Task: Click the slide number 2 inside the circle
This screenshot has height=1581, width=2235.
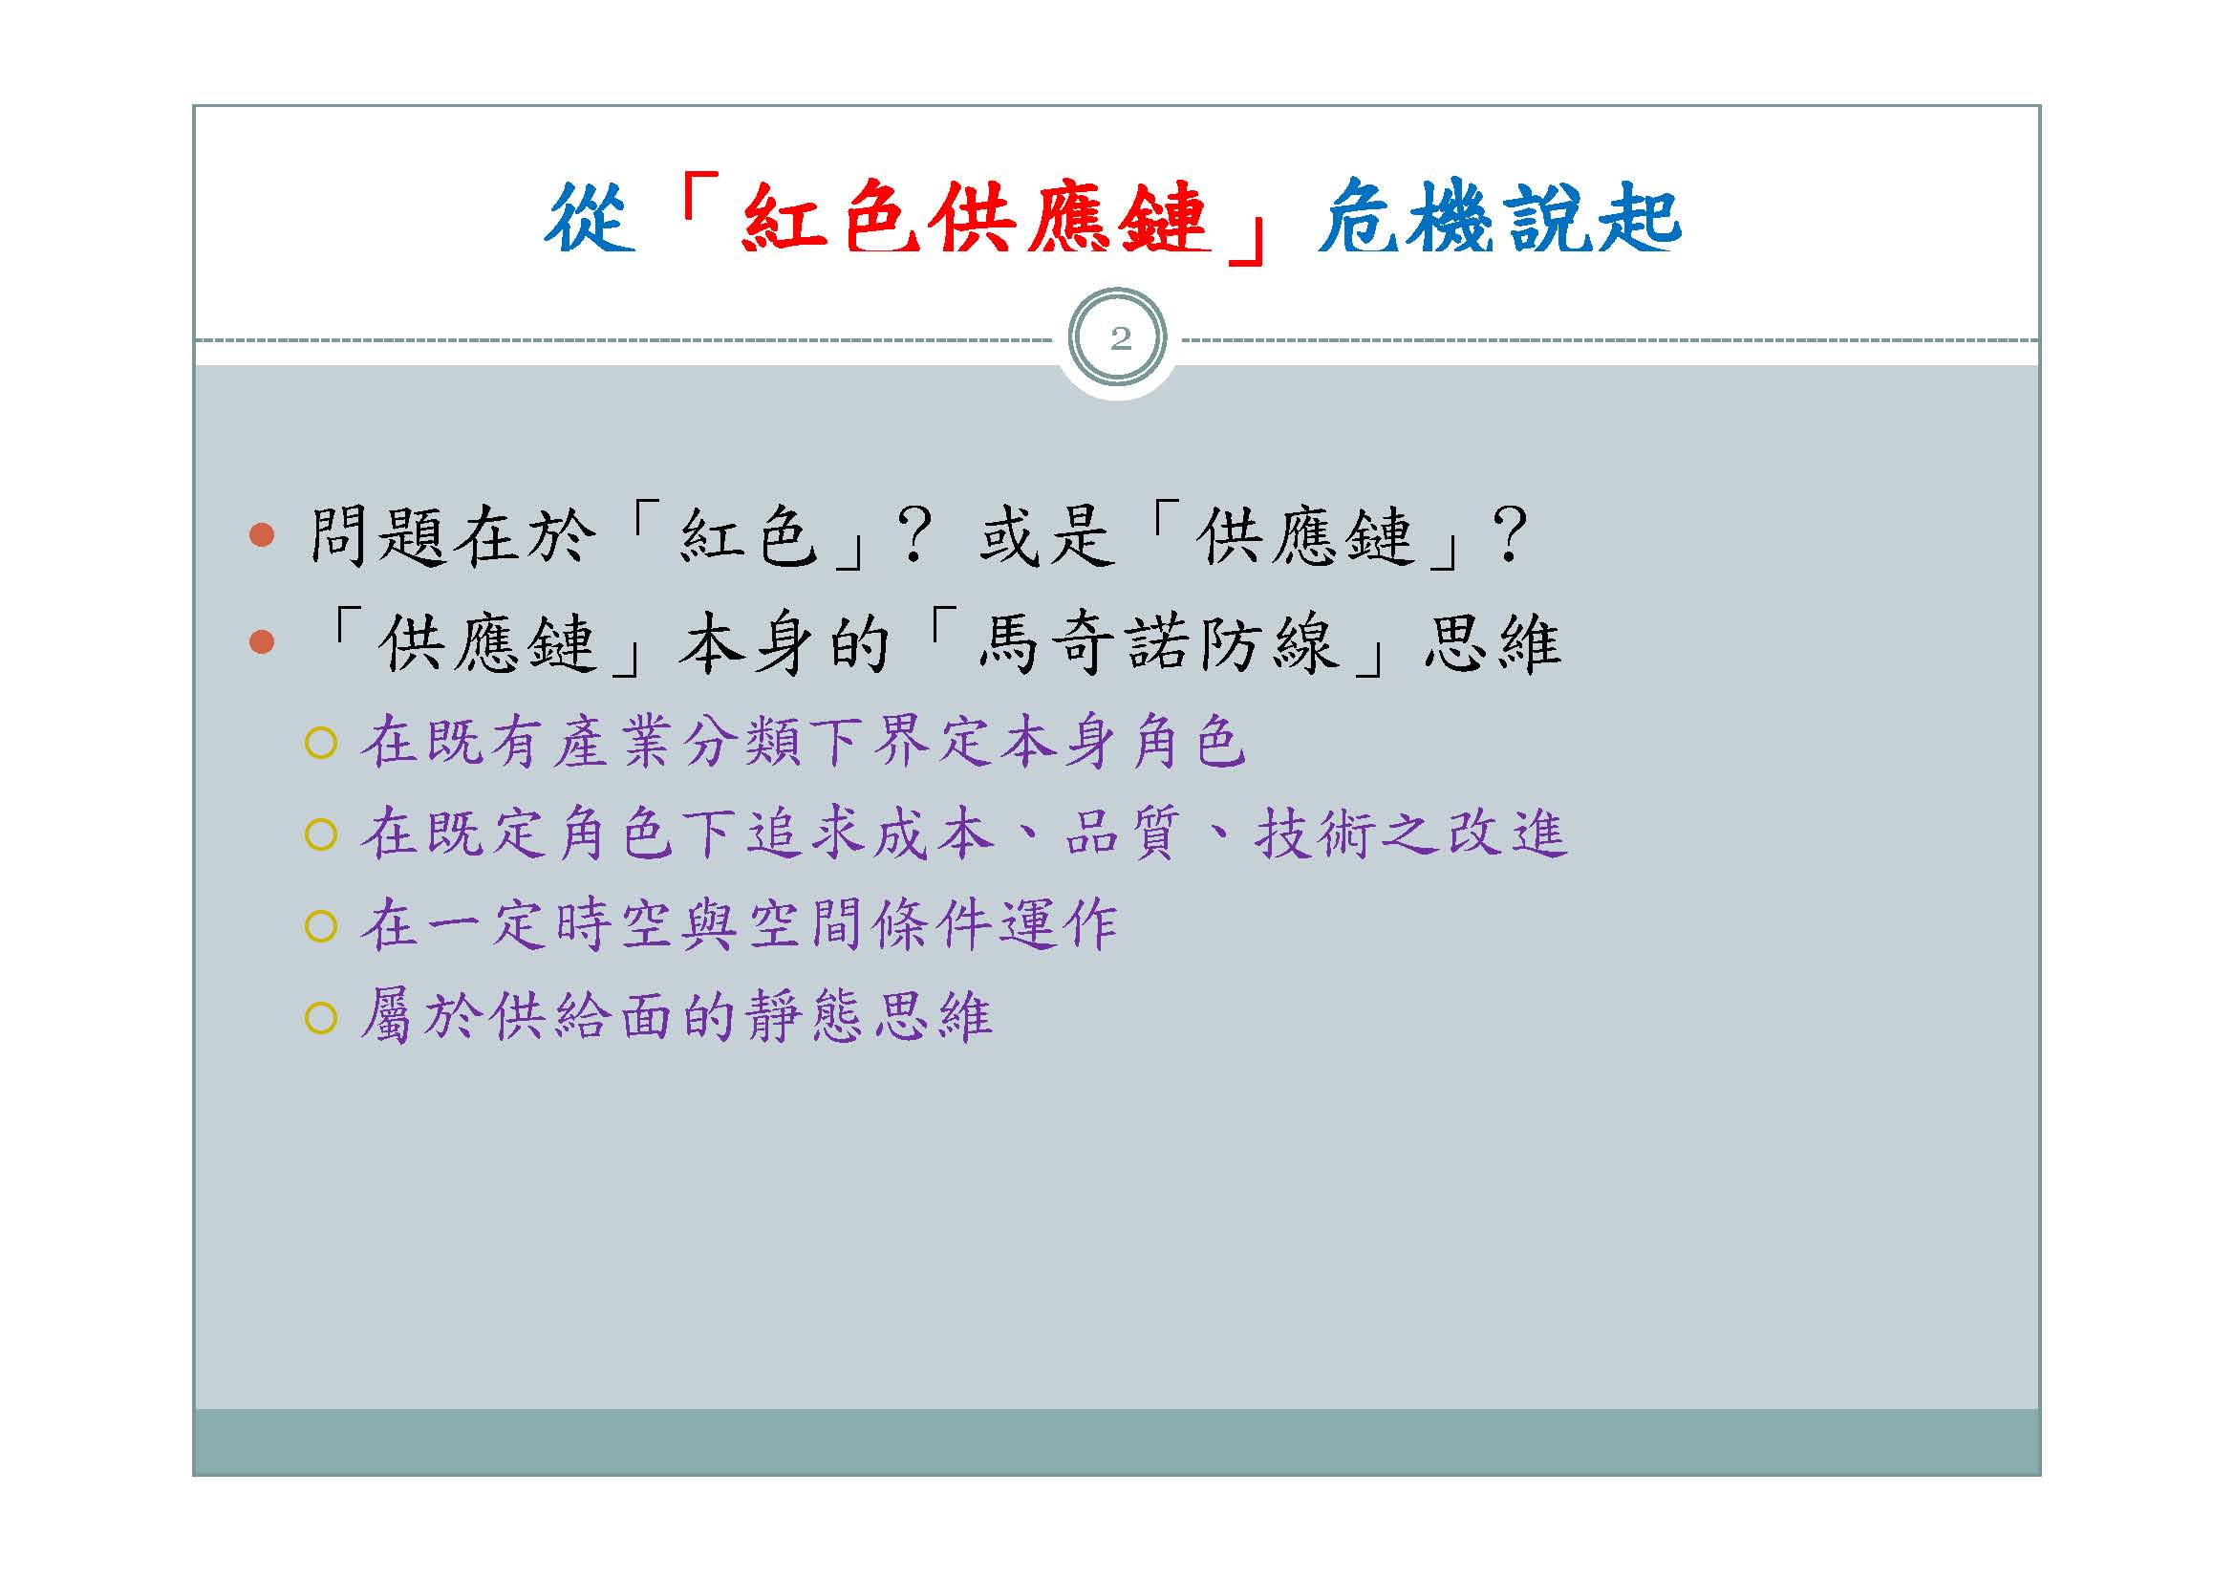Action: [x=1121, y=338]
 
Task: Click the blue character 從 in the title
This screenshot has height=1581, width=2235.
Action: [x=590, y=218]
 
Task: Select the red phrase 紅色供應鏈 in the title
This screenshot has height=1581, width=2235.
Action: [x=975, y=218]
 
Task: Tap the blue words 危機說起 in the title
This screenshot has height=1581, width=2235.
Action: [x=1499, y=218]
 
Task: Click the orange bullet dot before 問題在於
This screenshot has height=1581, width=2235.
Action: [x=262, y=534]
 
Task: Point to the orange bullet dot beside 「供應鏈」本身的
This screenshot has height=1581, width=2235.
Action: [x=262, y=641]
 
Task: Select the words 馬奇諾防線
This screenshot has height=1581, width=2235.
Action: [x=1158, y=643]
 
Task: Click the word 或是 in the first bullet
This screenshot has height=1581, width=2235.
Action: [x=1046, y=535]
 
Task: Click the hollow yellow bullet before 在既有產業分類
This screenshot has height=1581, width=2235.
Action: [x=320, y=744]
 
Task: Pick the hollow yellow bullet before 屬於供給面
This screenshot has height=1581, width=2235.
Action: [x=320, y=1018]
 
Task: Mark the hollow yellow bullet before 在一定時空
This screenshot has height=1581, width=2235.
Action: [x=320, y=927]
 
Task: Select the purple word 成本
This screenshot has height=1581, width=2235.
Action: [x=934, y=834]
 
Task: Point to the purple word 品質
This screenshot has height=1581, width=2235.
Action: [x=1124, y=834]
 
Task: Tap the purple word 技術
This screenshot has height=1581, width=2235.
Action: [x=1314, y=834]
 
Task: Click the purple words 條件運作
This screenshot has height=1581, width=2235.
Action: [x=996, y=925]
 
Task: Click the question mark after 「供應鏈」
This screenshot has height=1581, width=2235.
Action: [x=1510, y=534]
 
